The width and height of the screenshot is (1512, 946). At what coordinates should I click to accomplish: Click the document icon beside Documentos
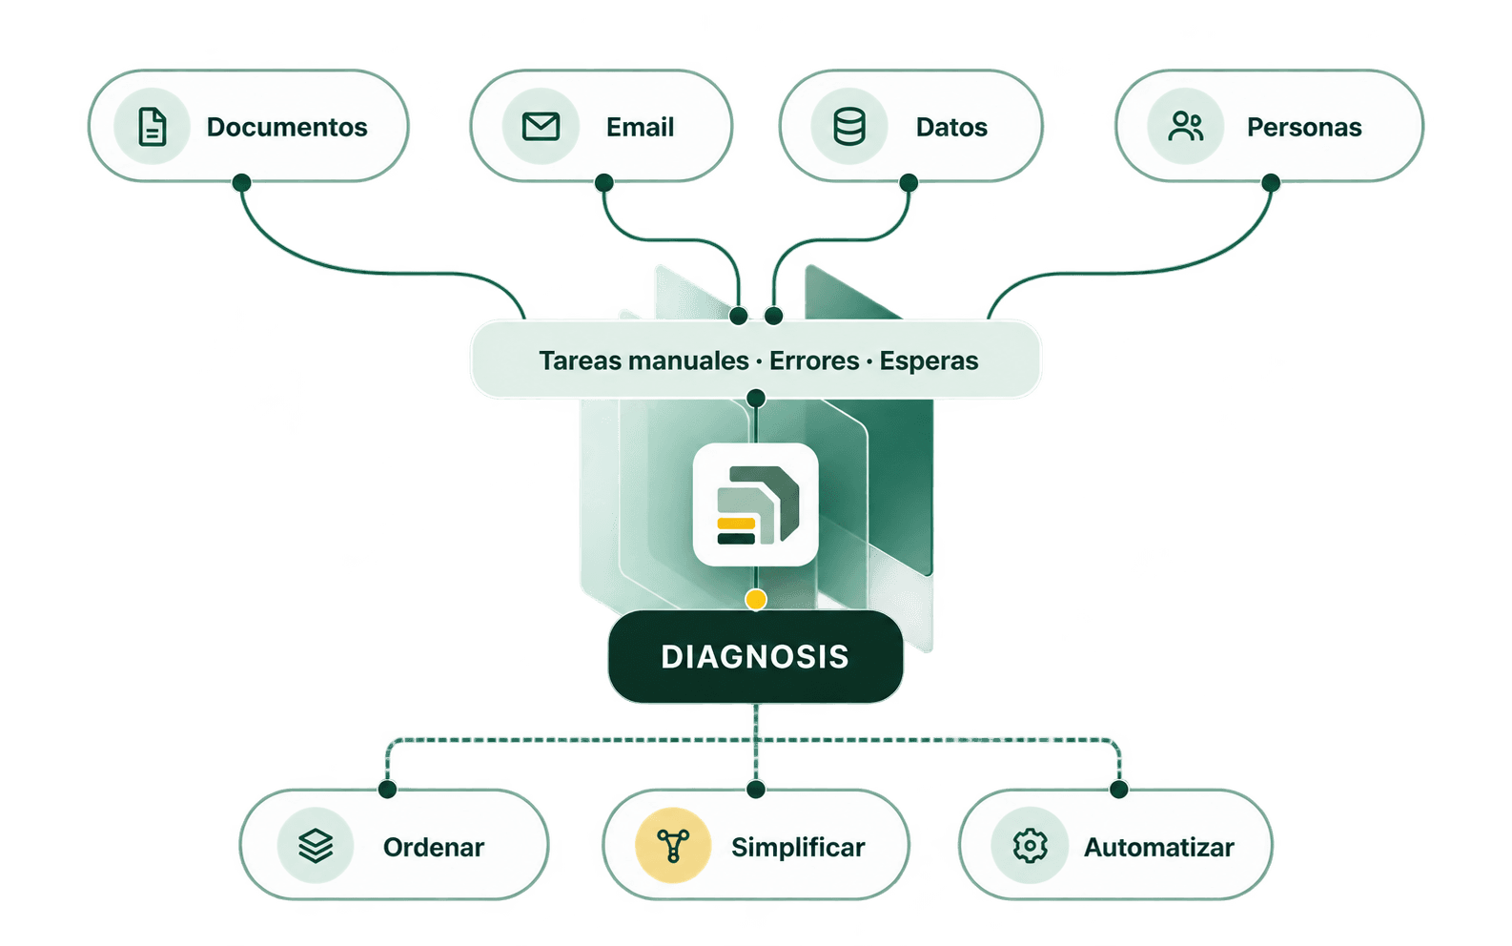[x=152, y=126]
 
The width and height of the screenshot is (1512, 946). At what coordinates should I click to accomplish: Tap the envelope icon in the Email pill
[x=541, y=126]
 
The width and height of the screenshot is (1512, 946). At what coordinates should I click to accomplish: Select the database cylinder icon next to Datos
[x=849, y=126]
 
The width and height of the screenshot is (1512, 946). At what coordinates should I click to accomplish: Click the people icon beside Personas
[x=1185, y=126]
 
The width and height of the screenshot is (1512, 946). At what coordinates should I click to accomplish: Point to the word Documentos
[x=287, y=127]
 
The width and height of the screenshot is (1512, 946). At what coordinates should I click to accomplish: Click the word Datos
[x=951, y=127]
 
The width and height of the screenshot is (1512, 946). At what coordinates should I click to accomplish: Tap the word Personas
[x=1304, y=127]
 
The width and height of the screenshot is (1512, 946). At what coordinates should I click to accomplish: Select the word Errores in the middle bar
[x=814, y=360]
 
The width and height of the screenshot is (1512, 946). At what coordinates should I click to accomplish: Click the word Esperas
[x=929, y=361]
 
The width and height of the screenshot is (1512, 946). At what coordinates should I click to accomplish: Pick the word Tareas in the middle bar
[x=580, y=360]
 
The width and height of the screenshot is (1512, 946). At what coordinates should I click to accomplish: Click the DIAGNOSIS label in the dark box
[x=755, y=657]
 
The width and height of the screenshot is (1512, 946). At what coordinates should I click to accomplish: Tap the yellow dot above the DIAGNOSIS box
[x=756, y=599]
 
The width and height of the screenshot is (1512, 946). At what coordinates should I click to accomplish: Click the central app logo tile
[x=755, y=504]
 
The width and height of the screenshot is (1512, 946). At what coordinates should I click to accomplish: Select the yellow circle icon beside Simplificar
[x=672, y=845]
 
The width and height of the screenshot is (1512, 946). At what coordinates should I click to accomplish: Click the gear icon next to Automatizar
[x=1030, y=845]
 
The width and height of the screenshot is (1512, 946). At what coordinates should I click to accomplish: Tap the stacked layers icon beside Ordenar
[x=316, y=845]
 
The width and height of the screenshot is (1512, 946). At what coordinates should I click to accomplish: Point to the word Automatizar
[x=1159, y=848]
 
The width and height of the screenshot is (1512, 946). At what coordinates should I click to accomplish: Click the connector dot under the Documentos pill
[x=241, y=182]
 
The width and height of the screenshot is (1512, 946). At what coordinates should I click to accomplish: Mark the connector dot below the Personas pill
[x=1271, y=182]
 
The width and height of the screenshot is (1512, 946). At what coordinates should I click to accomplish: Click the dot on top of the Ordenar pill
[x=387, y=789]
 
